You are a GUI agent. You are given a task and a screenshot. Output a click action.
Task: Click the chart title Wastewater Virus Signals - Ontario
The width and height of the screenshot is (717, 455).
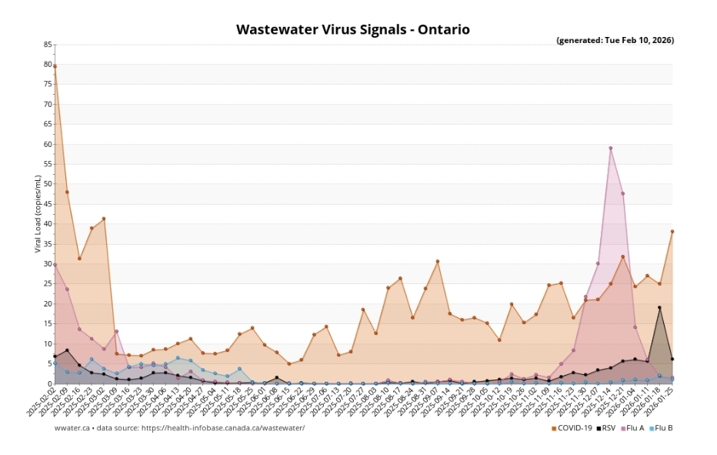(x=352, y=30)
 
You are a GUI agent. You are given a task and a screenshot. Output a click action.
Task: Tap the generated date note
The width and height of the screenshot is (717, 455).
(x=615, y=40)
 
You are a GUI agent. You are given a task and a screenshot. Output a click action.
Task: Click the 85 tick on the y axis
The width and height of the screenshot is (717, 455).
(x=48, y=45)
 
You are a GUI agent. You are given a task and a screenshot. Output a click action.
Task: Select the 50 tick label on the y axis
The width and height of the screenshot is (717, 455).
(x=48, y=184)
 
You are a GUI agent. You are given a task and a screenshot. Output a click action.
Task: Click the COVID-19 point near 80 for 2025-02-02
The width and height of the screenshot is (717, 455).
(x=55, y=66)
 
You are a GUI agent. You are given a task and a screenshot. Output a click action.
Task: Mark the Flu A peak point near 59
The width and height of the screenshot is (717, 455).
(x=610, y=149)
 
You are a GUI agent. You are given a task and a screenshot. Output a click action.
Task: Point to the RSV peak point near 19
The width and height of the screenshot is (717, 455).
(x=659, y=308)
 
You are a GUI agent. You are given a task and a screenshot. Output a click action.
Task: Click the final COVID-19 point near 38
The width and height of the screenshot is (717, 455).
(x=672, y=231)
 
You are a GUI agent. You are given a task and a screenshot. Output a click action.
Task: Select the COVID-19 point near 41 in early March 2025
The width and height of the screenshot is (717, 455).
(x=104, y=219)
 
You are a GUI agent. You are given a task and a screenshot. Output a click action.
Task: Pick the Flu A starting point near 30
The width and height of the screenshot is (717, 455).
(x=55, y=265)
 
